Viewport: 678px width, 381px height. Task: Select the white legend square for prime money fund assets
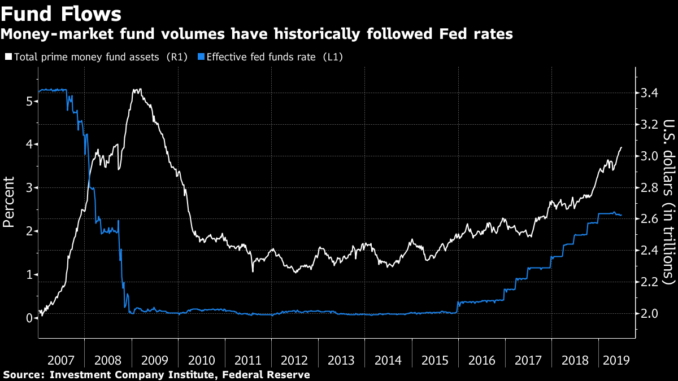(x=8, y=57)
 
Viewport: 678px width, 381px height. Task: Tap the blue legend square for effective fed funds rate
(x=201, y=57)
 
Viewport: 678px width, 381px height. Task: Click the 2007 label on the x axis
(x=61, y=360)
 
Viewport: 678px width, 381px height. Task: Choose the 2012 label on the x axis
(x=294, y=360)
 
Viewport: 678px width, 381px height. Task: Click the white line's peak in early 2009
(x=136, y=89)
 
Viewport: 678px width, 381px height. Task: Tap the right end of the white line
(x=621, y=147)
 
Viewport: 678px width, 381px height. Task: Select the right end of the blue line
(x=621, y=215)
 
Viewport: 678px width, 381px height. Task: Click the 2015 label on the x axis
(x=434, y=360)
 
